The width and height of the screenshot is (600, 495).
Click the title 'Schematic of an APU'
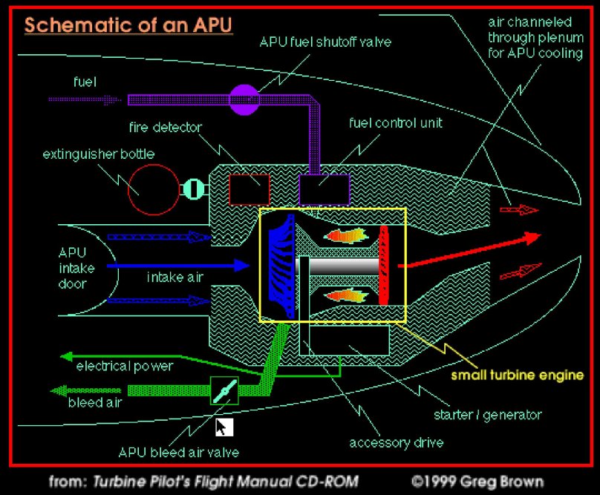(x=128, y=25)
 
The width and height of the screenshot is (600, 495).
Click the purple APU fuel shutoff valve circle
(x=245, y=99)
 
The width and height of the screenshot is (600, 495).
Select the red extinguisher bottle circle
(x=154, y=189)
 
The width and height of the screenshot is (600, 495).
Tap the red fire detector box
(x=249, y=189)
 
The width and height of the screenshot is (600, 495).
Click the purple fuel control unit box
(x=324, y=190)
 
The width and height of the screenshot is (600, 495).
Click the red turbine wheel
(x=384, y=265)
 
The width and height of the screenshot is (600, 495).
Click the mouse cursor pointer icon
(x=224, y=427)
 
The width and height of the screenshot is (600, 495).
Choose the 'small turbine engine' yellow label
(x=518, y=375)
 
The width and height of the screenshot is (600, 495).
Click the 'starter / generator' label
(x=488, y=414)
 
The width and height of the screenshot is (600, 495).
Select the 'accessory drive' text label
(x=397, y=443)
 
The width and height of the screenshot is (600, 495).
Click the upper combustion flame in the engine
(x=345, y=235)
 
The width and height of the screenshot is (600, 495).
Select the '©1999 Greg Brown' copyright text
(x=480, y=481)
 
